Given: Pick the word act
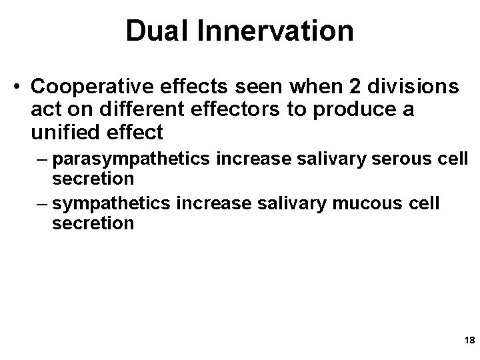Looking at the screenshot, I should click(43, 110).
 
